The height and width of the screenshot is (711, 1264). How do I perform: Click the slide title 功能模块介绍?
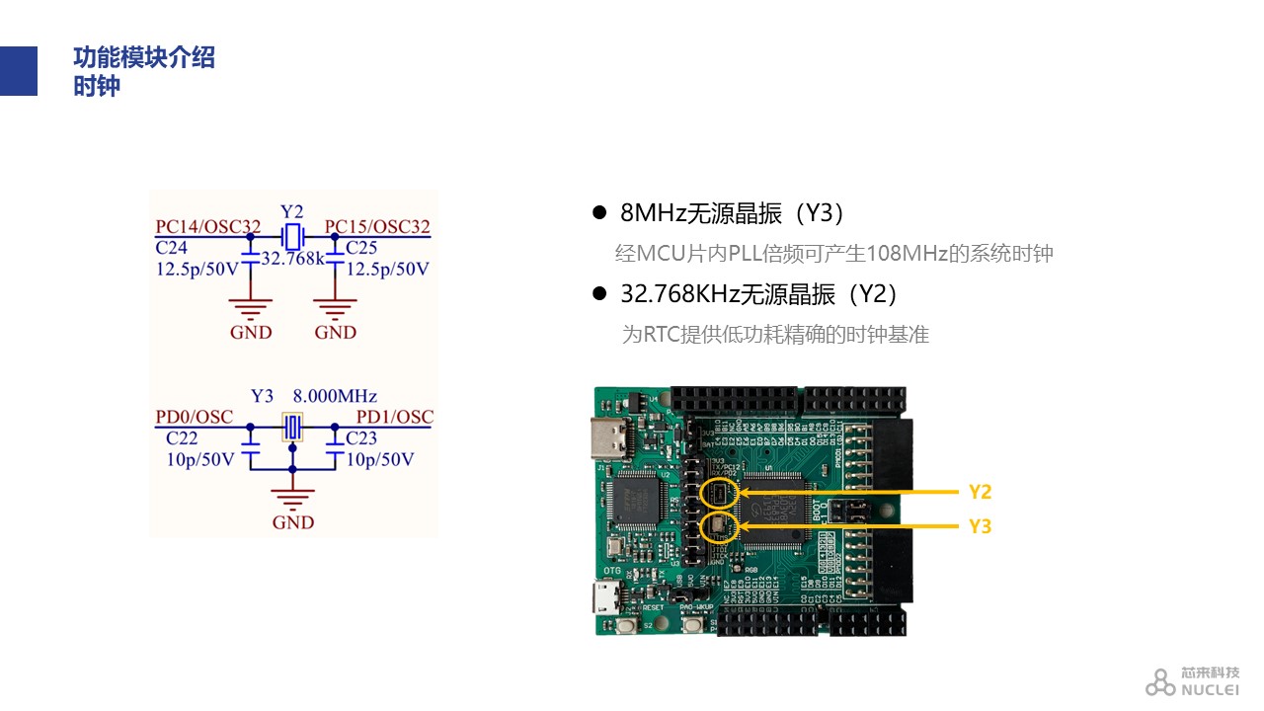click(x=144, y=57)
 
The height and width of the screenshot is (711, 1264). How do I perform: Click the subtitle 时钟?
click(x=97, y=86)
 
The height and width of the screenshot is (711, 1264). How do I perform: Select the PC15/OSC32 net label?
click(x=377, y=226)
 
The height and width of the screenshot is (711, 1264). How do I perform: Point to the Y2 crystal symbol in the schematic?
click(x=292, y=237)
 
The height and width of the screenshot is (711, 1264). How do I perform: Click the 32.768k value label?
click(x=293, y=259)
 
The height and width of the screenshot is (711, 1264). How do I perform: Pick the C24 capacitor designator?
click(x=172, y=247)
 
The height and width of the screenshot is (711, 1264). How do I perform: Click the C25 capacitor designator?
click(x=361, y=247)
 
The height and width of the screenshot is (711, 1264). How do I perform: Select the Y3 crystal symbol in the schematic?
click(x=292, y=427)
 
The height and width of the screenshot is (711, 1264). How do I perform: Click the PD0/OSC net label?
click(x=195, y=417)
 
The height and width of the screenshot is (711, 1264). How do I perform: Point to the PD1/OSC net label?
click(x=394, y=417)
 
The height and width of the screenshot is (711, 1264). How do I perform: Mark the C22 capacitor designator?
click(x=182, y=437)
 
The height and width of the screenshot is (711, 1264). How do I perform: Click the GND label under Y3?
click(x=292, y=522)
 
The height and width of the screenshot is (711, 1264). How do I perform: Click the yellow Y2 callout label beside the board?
click(x=980, y=492)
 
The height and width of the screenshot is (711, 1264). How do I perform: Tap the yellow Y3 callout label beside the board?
click(x=980, y=526)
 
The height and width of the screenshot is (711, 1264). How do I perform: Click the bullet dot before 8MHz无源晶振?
click(x=598, y=212)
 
